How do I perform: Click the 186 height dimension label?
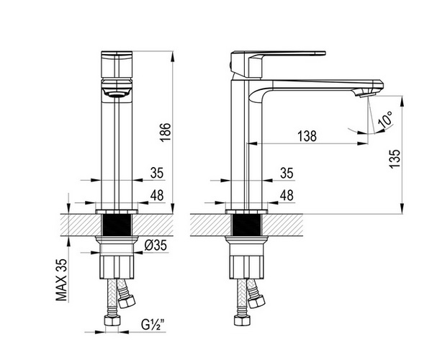tap(166, 132)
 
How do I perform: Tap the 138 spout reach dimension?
tap(307, 136)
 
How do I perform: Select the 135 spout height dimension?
tap(395, 158)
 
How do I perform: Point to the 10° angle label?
tap(385, 119)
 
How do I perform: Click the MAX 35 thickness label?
tap(61, 279)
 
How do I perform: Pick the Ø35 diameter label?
tap(156, 245)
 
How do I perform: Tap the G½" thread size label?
tap(153, 324)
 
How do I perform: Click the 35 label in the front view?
tap(157, 173)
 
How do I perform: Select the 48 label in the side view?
tap(287, 195)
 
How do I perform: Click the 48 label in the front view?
tap(157, 195)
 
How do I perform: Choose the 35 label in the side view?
tap(287, 173)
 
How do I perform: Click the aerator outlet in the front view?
tap(117, 94)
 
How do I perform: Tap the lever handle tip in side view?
tap(325, 53)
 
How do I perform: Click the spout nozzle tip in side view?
tap(367, 95)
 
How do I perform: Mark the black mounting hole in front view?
tap(117, 225)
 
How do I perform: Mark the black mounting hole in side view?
tap(246, 225)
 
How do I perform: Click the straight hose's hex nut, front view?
tap(112, 320)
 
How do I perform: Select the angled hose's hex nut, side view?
tap(256, 301)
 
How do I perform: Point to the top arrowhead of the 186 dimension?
tap(173, 57)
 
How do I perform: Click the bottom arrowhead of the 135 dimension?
tap(402, 208)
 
